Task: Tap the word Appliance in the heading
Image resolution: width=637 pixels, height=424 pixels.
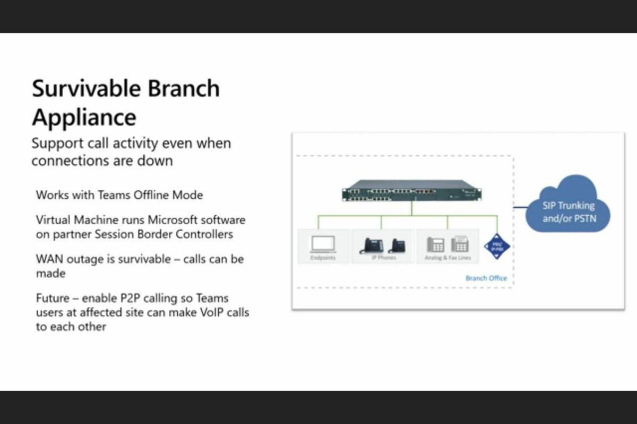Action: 84,117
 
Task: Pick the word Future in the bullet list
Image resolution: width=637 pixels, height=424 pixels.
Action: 52,298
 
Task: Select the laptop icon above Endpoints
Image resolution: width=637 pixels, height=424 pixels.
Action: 323,244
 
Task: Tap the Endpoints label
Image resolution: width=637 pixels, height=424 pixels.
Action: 323,258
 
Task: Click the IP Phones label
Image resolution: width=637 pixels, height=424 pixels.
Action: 383,258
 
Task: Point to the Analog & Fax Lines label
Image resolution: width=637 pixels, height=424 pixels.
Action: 447,258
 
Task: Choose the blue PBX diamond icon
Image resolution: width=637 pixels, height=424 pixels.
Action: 497,246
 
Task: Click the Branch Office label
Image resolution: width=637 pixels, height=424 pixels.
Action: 486,278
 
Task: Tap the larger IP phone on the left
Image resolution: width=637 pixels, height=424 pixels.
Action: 373,245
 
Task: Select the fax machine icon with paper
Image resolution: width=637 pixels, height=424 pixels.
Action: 460,244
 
